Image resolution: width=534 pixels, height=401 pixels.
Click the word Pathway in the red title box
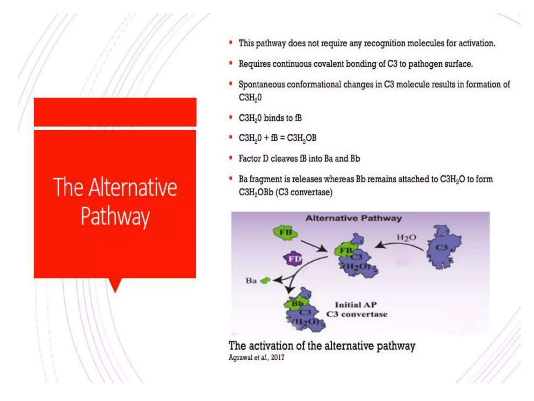point(115,216)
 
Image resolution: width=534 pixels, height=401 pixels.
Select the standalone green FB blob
point(285,232)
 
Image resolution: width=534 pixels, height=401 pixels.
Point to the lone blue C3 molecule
point(442,248)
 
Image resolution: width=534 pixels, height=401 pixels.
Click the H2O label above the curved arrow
point(406,238)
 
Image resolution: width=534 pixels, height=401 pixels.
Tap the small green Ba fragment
point(265,281)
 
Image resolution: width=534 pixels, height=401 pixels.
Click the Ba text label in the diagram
point(251,281)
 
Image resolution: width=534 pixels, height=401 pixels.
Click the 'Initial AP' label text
point(356,305)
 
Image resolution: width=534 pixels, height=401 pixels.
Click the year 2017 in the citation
point(277,357)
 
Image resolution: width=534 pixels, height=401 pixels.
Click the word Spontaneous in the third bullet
point(262,85)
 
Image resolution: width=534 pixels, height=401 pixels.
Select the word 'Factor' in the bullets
point(250,158)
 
